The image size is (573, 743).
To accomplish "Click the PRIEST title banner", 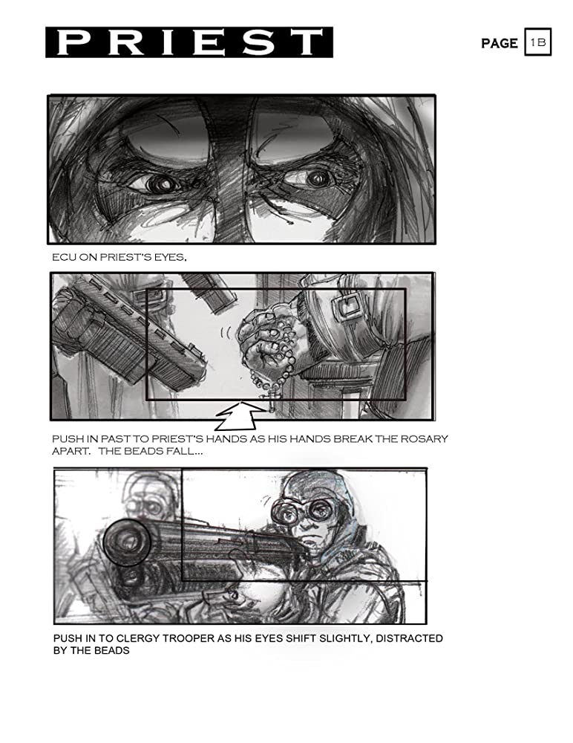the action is coord(189,42).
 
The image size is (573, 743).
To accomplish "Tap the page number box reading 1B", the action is coord(538,42).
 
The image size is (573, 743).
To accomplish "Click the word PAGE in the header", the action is coord(499,44).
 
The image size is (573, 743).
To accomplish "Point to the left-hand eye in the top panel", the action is coord(160,184).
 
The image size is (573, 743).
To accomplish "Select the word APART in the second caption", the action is coord(71,451).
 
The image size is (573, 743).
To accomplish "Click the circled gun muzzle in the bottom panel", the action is coord(126,542).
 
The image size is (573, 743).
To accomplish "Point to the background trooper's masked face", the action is coord(149,502).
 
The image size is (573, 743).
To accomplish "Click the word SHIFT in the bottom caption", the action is coord(301,638).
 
